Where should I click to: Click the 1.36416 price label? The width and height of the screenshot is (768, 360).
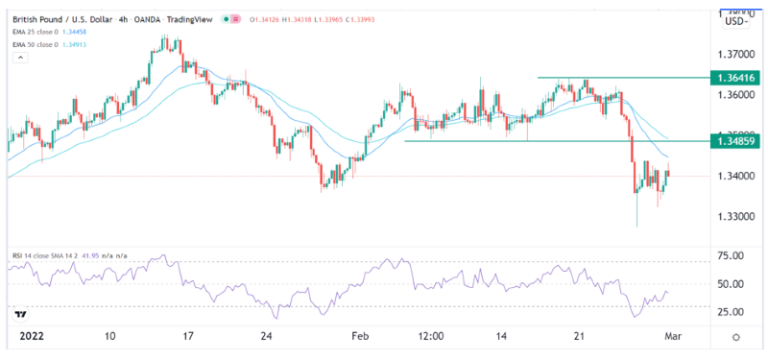coord(735,77)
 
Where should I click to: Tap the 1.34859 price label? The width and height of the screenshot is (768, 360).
coord(735,141)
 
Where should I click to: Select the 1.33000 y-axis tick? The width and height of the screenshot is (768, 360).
coord(734,217)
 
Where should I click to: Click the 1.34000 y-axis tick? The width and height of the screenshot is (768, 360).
coord(734,177)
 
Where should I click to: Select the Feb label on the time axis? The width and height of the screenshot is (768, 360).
coord(359,338)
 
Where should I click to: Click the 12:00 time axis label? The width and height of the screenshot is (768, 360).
coord(427,338)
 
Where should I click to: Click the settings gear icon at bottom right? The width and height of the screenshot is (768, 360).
coord(735,338)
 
